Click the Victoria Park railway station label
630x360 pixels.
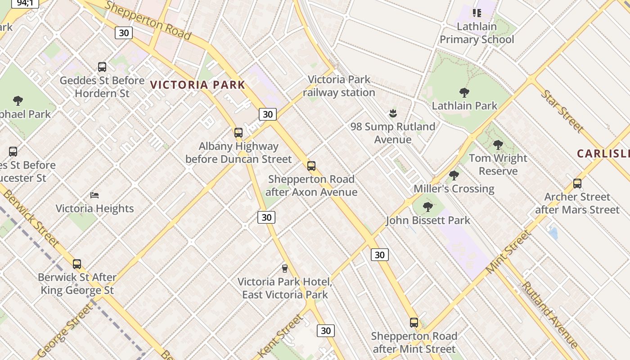339,86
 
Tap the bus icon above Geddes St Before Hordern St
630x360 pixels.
102,67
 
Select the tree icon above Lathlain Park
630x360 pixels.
464,93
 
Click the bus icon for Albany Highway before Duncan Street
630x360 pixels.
238,133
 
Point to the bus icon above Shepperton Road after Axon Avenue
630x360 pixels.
311,166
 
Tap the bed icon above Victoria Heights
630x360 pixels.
94,195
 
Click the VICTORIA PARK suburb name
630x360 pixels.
198,85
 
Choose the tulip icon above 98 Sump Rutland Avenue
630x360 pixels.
393,113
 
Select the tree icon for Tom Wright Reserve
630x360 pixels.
498,145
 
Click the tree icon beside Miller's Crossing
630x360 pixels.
454,175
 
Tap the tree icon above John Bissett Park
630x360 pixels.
428,207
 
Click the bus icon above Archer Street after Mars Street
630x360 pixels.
577,184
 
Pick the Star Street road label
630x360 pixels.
562,111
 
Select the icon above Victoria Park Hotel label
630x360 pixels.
284,269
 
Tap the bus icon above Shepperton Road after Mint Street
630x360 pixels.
414,323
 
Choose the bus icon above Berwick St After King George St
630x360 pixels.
77,264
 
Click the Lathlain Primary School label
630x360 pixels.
477,33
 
